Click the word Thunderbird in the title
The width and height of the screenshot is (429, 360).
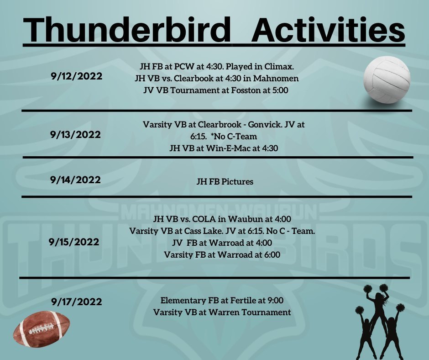[x=127, y=30]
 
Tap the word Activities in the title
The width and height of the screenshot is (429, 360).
[x=328, y=30]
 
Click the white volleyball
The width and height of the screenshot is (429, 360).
[x=387, y=80]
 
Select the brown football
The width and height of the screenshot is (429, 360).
[x=42, y=329]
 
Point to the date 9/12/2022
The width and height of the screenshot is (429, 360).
[x=76, y=76]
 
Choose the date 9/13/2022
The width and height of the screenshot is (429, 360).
[x=75, y=134]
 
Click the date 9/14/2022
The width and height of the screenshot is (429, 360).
[x=75, y=180]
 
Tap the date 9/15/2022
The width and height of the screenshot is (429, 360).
[x=74, y=242]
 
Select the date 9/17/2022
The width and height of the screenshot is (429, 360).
[x=76, y=302]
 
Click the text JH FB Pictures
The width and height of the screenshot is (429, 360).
[x=225, y=181]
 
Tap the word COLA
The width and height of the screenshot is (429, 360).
[x=202, y=219]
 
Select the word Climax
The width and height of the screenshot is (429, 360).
[x=279, y=66]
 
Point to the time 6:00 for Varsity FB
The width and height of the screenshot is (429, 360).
[x=272, y=254]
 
